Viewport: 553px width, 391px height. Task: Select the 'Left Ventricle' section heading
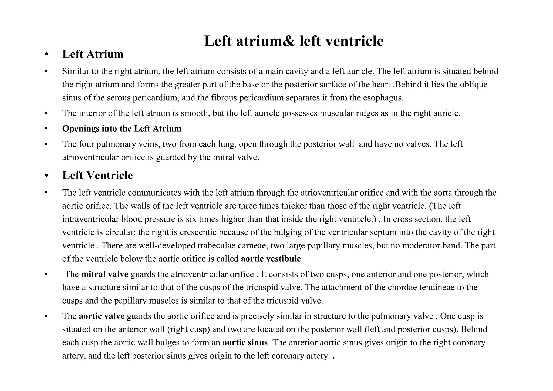(97, 176)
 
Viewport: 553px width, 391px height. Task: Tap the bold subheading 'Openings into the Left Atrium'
(122, 129)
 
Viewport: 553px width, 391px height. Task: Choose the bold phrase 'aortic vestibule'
(271, 259)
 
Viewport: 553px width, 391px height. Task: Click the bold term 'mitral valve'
(105, 274)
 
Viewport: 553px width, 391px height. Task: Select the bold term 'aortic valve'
(102, 316)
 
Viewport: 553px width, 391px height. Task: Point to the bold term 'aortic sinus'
(245, 343)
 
